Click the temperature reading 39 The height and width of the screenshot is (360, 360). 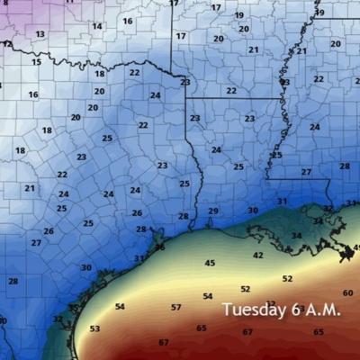[x=319, y=13]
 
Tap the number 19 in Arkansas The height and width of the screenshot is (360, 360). [x=238, y=15]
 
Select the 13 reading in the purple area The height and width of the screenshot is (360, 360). [x=40, y=34]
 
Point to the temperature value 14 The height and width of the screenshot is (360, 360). [x=96, y=26]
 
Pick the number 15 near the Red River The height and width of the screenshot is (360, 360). [x=36, y=62]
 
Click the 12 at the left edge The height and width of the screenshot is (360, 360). [x=7, y=43]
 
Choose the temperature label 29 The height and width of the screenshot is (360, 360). [x=213, y=211]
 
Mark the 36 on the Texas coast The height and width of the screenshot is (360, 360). [x=159, y=247]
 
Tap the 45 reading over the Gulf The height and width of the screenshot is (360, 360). [x=210, y=263]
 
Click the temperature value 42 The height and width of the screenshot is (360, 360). [x=257, y=256]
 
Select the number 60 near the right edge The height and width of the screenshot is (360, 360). [x=347, y=293]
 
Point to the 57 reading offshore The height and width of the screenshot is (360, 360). [x=175, y=307]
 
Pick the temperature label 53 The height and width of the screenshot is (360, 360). [x=94, y=328]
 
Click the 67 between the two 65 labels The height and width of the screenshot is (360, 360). [x=247, y=332]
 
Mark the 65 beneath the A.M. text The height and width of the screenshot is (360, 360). [x=319, y=332]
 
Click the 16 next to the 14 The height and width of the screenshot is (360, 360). [x=127, y=21]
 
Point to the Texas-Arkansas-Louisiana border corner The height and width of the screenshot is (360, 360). [x=187, y=97]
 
